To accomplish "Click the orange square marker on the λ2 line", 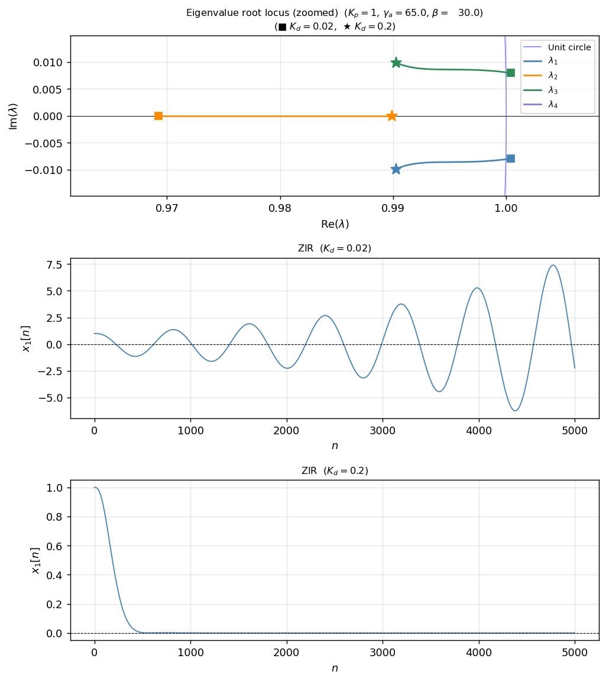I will click(x=158, y=116).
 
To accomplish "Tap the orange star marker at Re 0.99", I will click(x=391, y=116).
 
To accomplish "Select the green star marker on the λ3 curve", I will click(x=396, y=63).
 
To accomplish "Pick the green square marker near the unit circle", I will click(x=511, y=73).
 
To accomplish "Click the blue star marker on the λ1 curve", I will click(x=396, y=170).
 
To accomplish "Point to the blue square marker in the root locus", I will click(x=511, y=159).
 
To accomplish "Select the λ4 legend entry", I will click(x=552, y=105).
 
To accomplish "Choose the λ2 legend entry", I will click(x=552, y=76).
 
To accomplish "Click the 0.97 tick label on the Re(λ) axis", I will click(x=167, y=208).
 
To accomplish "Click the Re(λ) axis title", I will click(x=335, y=224).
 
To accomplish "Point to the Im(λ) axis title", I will click(x=14, y=116).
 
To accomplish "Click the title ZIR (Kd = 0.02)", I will click(x=335, y=248).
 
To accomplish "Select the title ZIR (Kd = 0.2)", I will click(x=335, y=471).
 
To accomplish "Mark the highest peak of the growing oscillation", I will click(x=553, y=265).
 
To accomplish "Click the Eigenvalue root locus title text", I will click(x=335, y=13).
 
